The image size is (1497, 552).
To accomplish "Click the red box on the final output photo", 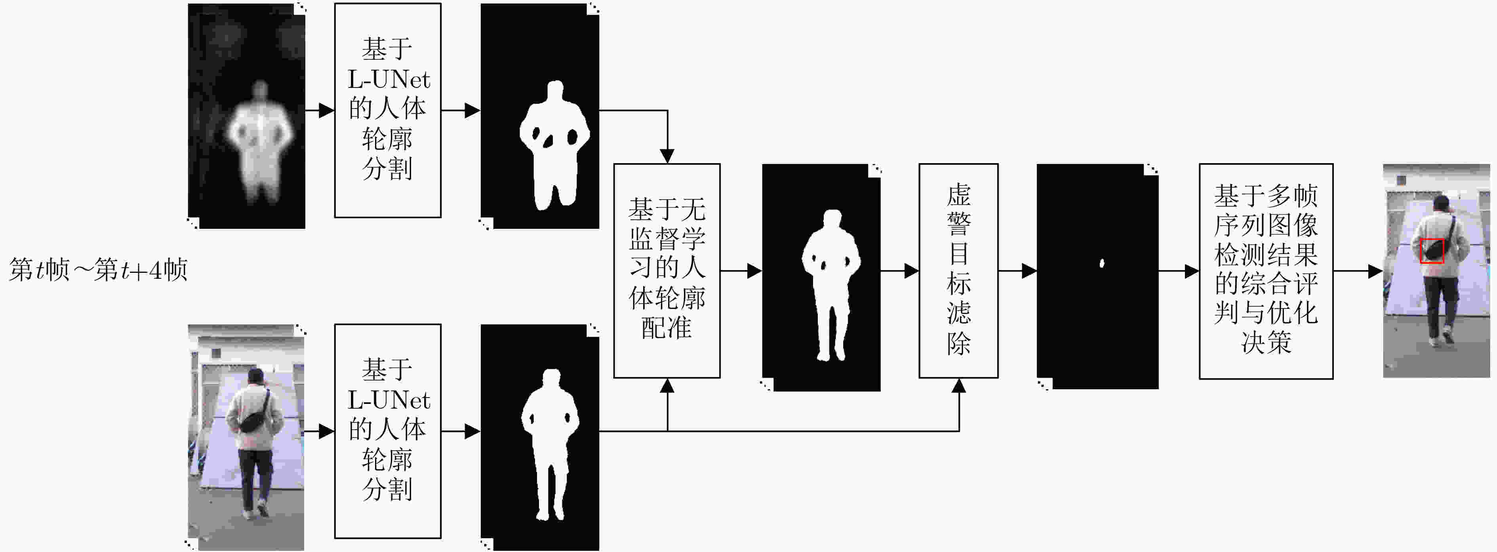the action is point(1432,251).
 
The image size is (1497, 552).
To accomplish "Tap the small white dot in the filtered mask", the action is point(1101,263).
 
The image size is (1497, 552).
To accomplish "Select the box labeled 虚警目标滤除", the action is point(958,271).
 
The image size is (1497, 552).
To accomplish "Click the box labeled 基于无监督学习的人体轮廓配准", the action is point(667,271).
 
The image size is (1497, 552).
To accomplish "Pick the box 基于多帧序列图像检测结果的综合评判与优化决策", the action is point(1266,271).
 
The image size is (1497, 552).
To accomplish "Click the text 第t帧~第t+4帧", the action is point(98,270).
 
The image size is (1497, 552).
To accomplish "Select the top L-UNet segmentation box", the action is point(388,110).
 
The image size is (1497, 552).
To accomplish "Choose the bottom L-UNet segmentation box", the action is point(388,431).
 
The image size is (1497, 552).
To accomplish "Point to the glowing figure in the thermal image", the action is point(260,143).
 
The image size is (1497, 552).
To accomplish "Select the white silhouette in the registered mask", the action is point(831,285).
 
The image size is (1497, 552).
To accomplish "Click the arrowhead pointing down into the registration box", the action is point(667,156).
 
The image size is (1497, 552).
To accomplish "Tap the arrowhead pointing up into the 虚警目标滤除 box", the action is point(959,386).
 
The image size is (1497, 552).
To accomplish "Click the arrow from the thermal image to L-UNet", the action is point(320,110).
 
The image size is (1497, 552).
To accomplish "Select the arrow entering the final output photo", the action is point(1358,271).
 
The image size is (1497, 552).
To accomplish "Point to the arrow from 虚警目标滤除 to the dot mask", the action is point(1017,271).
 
